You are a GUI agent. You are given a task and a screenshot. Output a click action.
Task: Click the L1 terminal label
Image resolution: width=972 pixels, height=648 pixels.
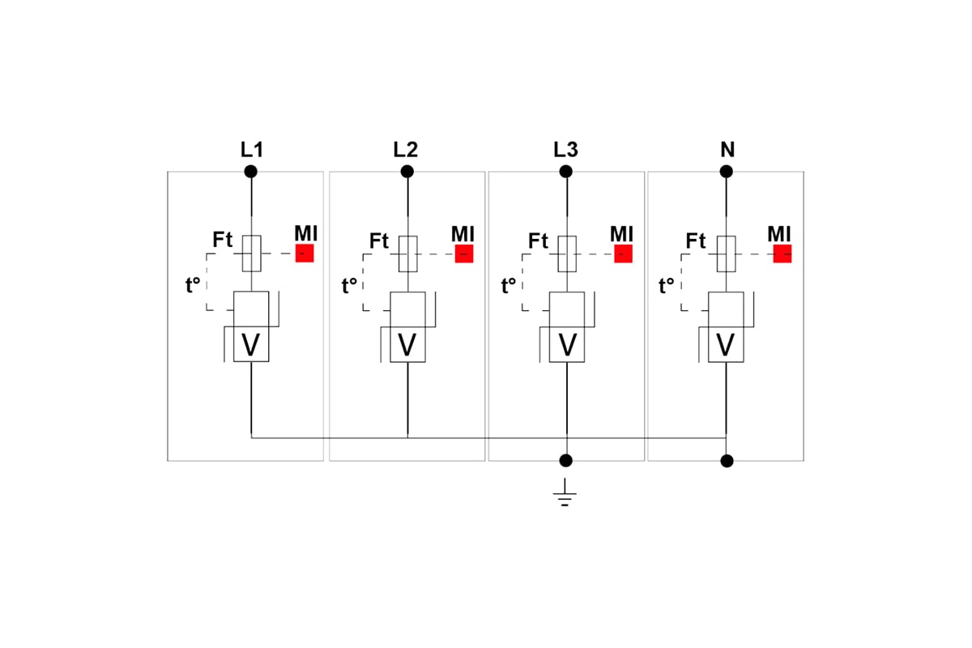point(252,150)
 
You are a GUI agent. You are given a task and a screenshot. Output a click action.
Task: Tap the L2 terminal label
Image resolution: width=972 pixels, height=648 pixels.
point(405,150)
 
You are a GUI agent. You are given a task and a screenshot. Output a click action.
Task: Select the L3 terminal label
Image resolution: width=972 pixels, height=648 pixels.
point(565,150)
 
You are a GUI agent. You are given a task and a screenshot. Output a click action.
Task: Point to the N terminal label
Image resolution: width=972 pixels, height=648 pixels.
point(727,150)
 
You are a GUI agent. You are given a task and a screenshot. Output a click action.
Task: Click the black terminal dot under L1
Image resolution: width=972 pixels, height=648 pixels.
point(251,172)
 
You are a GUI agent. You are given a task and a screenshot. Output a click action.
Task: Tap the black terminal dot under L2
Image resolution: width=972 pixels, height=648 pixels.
point(407,172)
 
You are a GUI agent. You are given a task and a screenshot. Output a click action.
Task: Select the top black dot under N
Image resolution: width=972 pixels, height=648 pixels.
point(726,172)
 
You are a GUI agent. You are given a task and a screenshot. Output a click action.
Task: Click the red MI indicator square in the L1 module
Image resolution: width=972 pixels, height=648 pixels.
point(305,254)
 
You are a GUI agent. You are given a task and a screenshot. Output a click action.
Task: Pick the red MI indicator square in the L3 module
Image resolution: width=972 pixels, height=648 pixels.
point(623,254)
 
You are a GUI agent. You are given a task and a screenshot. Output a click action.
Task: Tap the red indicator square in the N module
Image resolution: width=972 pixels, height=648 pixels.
point(782,254)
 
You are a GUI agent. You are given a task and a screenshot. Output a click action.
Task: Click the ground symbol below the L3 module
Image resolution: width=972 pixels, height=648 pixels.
point(565,492)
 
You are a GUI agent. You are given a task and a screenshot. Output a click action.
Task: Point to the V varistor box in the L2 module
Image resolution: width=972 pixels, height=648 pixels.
point(407,344)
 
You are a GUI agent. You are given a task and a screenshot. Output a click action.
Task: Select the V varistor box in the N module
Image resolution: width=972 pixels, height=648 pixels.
point(726,344)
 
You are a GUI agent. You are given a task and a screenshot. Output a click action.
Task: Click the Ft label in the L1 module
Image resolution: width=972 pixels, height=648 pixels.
point(222,240)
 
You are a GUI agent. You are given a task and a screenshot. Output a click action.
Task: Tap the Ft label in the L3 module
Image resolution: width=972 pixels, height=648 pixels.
point(538,241)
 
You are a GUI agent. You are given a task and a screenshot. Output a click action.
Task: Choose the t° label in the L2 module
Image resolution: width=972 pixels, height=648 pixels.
point(349,286)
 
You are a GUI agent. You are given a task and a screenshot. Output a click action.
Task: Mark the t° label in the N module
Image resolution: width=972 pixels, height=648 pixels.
point(667,286)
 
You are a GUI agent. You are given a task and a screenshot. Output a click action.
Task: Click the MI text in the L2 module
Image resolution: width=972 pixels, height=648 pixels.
point(463,234)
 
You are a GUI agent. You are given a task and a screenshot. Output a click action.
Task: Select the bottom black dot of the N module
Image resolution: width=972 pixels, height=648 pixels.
point(727,461)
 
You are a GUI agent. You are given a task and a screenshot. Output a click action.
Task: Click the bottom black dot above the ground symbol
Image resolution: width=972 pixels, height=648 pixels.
point(565,461)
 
